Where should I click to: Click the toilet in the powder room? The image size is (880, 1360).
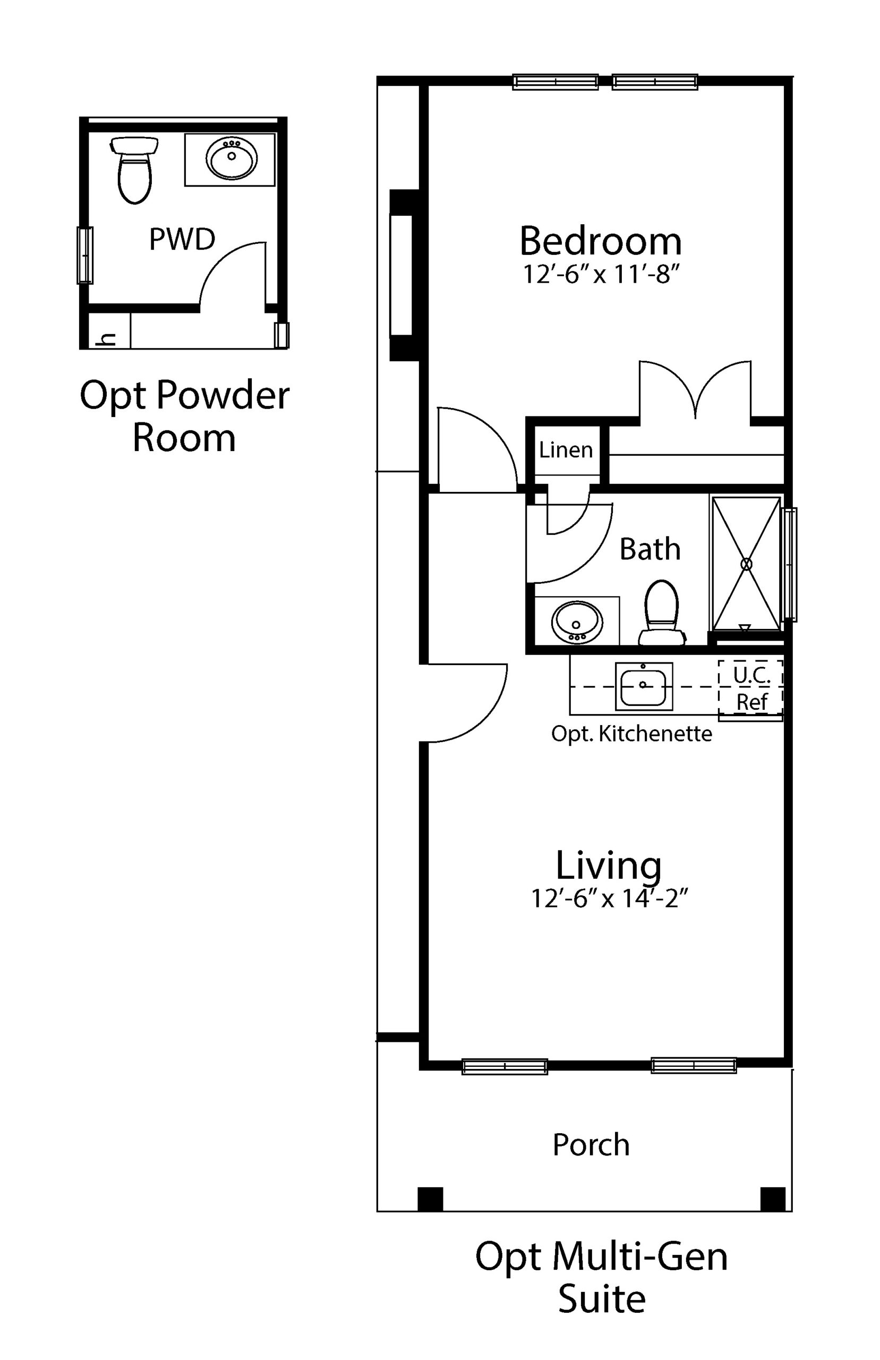tap(134, 169)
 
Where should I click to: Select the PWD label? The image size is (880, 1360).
tap(182, 239)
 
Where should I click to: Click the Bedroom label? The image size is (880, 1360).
tap(601, 241)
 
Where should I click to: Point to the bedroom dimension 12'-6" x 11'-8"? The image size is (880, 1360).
tap(601, 275)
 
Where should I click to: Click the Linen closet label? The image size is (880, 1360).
tap(566, 450)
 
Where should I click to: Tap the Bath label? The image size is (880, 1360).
tap(650, 549)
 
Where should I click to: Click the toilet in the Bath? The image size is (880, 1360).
tap(662, 613)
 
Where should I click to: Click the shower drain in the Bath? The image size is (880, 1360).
tap(746, 564)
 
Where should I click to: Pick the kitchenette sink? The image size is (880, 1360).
tap(644, 686)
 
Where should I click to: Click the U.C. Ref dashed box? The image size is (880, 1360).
tap(750, 687)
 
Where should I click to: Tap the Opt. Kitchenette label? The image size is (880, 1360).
tap(631, 734)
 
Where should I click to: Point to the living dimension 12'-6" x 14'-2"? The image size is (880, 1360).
tap(609, 898)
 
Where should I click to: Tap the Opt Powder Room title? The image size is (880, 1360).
tap(185, 416)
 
